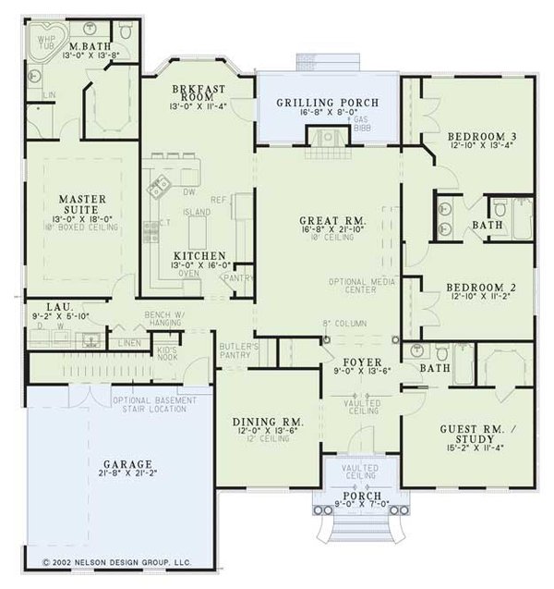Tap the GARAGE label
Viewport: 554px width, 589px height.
pyautogui.click(x=126, y=464)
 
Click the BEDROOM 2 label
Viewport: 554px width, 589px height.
pyautogui.click(x=481, y=288)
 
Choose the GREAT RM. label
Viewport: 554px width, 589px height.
pyautogui.click(x=334, y=221)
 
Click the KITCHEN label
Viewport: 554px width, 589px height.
pyautogui.click(x=199, y=254)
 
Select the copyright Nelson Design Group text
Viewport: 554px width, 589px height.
pyautogui.click(x=116, y=560)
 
